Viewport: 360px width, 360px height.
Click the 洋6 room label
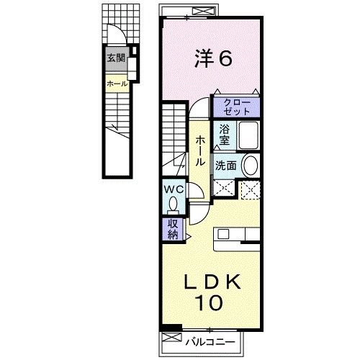pyautogui.click(x=213, y=58)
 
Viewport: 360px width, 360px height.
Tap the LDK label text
pyautogui.click(x=212, y=282)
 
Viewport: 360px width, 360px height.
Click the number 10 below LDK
pyautogui.click(x=209, y=302)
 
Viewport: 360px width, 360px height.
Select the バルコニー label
pyautogui.click(x=210, y=341)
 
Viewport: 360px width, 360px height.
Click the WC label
pyautogui.click(x=174, y=189)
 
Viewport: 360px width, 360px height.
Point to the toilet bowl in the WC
pyautogui.click(x=173, y=204)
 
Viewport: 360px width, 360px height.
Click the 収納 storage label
pyautogui.click(x=173, y=229)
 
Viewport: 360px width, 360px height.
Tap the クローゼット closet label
pyautogui.click(x=237, y=107)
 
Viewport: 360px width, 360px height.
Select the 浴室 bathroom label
pyautogui.click(x=225, y=135)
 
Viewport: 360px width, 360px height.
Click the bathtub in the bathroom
pyautogui.click(x=248, y=135)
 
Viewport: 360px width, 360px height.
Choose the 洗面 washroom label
pyautogui.click(x=225, y=166)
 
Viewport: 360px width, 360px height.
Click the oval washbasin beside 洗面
pyautogui.click(x=251, y=166)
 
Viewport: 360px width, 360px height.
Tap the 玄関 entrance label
pyautogui.click(x=116, y=58)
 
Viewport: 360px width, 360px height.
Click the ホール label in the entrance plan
pyautogui.click(x=117, y=84)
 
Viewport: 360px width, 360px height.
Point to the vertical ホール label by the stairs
pyautogui.click(x=199, y=151)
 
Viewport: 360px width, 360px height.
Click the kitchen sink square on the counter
pyautogui.click(x=223, y=234)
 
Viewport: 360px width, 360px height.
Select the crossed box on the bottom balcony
pyautogui.click(x=172, y=337)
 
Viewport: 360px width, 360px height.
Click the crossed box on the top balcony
pyautogui.click(x=204, y=11)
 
